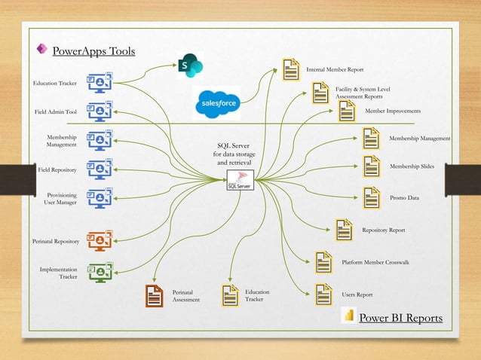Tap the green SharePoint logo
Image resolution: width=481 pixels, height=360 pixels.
pos(190,66)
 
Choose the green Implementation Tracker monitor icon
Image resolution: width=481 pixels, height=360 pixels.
pos(100,272)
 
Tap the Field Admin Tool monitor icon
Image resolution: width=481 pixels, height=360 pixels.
pos(100,111)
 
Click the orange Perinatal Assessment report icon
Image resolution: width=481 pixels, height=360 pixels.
pos(155,295)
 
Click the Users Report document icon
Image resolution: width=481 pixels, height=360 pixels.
pos(323,294)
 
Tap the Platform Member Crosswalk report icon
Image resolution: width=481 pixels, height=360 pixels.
pos(323,262)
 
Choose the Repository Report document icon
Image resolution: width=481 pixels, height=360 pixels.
pos(344,229)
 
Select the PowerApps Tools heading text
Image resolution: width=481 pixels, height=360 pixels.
pos(93,51)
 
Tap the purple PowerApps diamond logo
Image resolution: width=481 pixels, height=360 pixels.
pos(41,50)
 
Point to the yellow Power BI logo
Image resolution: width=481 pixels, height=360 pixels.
pos(348,316)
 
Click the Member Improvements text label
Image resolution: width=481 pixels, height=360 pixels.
pos(393,111)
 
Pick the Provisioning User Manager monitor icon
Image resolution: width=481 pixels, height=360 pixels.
pos(100,198)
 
